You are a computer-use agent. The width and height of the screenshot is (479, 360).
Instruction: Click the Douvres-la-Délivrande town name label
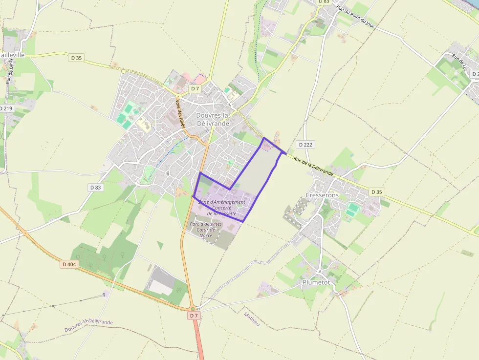coord(213,119)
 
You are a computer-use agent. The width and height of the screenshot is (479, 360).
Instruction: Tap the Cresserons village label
coord(322,195)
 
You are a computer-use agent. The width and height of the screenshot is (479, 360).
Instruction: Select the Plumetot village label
coord(316,282)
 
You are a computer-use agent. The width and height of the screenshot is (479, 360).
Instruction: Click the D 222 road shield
coord(305,145)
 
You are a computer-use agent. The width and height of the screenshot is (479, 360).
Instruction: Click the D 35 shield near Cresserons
coord(376,192)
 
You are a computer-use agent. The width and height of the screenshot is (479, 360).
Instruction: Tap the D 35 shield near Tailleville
coord(76,58)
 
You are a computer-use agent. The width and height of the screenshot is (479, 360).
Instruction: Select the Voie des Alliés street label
coord(180,114)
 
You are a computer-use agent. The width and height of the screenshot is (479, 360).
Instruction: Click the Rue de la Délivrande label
coord(313,166)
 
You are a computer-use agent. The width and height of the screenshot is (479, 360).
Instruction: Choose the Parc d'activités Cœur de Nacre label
coord(205,230)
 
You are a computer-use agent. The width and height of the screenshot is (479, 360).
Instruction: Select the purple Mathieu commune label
coord(252,320)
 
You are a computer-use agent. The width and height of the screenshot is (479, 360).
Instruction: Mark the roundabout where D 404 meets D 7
coord(193,308)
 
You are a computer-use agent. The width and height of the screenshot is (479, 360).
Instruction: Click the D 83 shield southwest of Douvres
coord(95,187)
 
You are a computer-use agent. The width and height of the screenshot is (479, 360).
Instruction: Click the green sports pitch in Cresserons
coord(352,210)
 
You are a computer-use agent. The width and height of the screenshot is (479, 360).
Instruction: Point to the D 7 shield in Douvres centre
coord(195,88)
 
